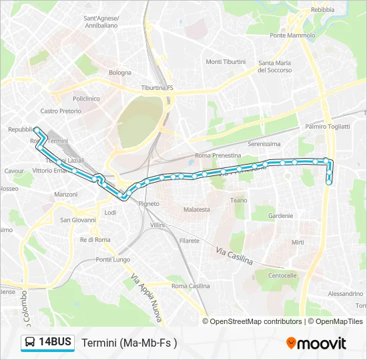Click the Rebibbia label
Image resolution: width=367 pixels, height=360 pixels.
point(322,10)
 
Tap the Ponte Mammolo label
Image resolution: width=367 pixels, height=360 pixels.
point(288,35)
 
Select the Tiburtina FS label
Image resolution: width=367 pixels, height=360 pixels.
point(157,87)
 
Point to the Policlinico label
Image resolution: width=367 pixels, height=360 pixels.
point(86,98)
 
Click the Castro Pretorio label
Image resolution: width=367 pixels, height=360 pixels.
point(60,111)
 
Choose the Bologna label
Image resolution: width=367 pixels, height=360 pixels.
point(120,72)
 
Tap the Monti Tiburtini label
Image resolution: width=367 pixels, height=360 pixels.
point(223,62)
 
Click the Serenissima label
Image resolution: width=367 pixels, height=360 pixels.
point(264,143)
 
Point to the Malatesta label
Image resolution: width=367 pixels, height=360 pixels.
point(197,209)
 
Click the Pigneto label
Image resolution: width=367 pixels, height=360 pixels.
point(149,203)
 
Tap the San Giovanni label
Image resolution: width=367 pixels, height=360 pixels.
point(78,220)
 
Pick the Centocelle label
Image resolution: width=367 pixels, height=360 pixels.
point(282,275)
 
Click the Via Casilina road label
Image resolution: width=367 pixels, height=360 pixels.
point(234,255)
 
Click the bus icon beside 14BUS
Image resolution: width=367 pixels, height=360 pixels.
point(30,343)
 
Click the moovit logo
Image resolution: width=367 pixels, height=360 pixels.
point(316,343)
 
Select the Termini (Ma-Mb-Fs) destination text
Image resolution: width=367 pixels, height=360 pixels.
point(129,343)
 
